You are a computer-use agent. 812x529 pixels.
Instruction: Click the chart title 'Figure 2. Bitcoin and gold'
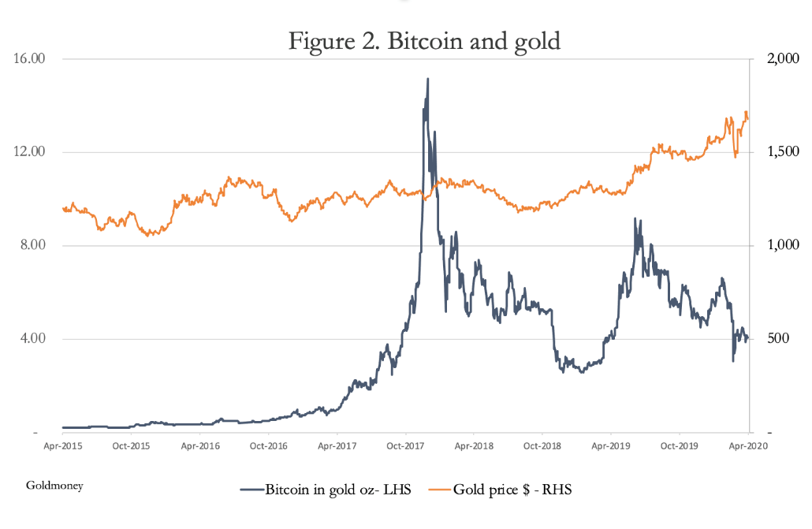(424, 40)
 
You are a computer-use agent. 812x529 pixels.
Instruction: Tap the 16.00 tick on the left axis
(29, 59)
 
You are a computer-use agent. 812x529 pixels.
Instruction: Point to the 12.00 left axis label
(29, 152)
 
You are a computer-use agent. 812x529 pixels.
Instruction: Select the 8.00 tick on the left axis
(32, 246)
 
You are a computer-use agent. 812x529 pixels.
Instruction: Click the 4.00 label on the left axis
(32, 339)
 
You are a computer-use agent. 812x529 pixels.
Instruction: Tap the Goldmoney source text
(54, 486)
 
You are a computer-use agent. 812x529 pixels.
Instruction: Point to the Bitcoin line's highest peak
(427, 79)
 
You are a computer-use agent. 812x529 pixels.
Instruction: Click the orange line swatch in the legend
(439, 490)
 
